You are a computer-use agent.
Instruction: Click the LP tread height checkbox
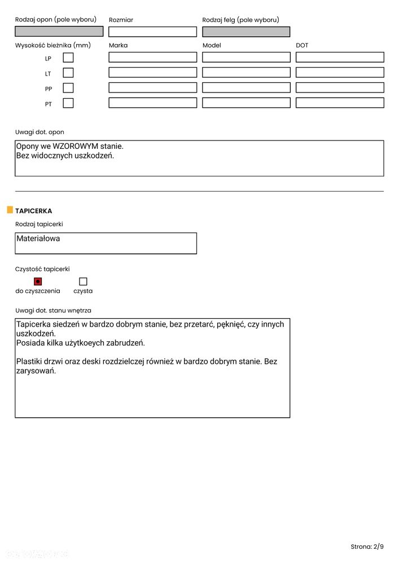click(x=68, y=58)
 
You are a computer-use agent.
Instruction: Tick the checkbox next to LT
click(x=68, y=73)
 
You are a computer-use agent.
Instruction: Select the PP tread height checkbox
click(x=68, y=88)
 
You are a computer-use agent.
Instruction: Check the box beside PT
click(x=68, y=103)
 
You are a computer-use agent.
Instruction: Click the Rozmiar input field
click(x=152, y=32)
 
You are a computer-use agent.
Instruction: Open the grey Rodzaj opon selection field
click(x=59, y=32)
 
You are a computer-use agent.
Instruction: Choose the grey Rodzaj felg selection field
click(x=246, y=32)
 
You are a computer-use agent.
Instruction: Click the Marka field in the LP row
click(x=152, y=58)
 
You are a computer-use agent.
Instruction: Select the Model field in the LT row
click(x=246, y=73)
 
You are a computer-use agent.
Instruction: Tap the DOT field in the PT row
click(x=340, y=103)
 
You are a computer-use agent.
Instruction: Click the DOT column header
click(x=302, y=45)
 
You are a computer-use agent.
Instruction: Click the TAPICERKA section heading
click(x=34, y=211)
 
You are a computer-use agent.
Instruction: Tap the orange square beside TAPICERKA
click(x=10, y=210)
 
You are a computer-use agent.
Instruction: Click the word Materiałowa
click(x=38, y=239)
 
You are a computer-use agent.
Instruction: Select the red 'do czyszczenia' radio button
click(x=38, y=281)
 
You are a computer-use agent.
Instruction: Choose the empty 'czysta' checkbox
click(x=83, y=281)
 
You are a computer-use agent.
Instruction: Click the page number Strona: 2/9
click(x=367, y=547)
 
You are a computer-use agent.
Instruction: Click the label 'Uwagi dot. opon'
click(x=40, y=132)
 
